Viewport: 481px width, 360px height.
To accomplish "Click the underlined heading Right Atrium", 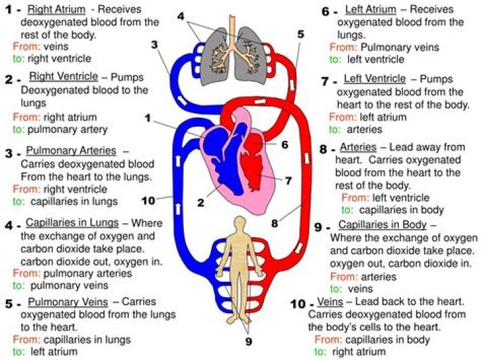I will pyautogui.click(x=56, y=10).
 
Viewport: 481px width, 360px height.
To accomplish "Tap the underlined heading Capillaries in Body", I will pyautogui.click(x=382, y=225).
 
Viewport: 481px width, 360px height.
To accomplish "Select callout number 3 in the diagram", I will pyautogui.click(x=155, y=45).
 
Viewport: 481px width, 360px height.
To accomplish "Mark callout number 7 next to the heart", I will pyautogui.click(x=289, y=180).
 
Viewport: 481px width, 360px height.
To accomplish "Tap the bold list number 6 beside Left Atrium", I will pyautogui.click(x=325, y=11).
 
